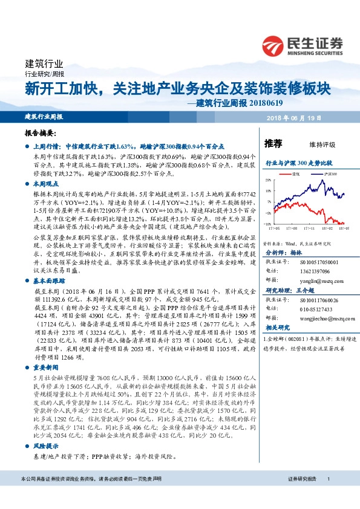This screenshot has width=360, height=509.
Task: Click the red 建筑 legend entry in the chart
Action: pos(296,173)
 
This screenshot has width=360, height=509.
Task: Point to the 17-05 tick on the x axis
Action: pos(281,229)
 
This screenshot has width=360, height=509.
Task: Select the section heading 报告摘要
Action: pos(41,132)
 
